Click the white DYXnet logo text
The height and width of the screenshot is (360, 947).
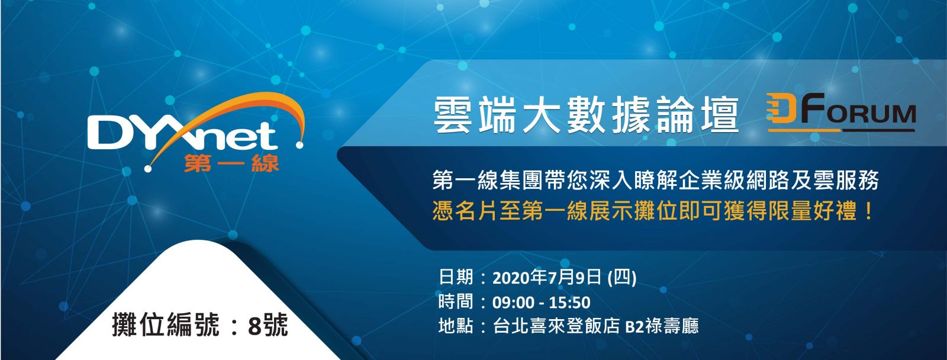pos(183,135)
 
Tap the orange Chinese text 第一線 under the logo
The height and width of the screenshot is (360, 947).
pos(231,163)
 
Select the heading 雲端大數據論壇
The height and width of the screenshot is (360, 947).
pos(586,115)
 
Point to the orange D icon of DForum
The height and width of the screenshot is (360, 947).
pos(782,109)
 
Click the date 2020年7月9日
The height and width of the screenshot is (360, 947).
pos(547,278)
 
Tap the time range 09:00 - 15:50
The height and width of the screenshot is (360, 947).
pos(541,303)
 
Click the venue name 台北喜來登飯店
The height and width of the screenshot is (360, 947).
pos(556,326)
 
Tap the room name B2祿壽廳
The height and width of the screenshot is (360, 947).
pos(662,326)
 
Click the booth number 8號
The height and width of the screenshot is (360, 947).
pos(268,325)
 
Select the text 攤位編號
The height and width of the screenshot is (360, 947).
pos(166,325)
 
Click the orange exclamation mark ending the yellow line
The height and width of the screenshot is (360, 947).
pos(868,211)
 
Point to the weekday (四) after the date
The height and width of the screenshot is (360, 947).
pos(621,278)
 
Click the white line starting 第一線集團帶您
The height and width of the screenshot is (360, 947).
pos(655,181)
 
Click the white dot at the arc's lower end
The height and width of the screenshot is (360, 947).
pos(148,169)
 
